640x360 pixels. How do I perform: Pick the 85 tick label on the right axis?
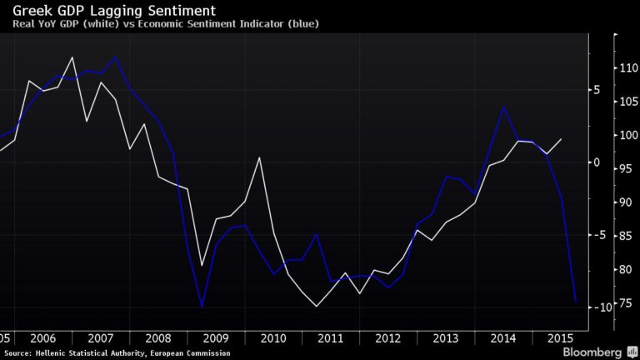pyautogui.click(x=624, y=236)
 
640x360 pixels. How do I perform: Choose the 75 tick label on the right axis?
pyautogui.click(x=624, y=303)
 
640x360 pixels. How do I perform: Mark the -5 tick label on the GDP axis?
pyautogui.click(x=599, y=235)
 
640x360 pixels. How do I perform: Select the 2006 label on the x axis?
pyautogui.click(x=42, y=337)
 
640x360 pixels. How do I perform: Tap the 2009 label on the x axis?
pyautogui.click(x=216, y=337)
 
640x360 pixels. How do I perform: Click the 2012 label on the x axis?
pyautogui.click(x=389, y=337)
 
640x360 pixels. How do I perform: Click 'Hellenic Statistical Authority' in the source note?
pyautogui.click(x=94, y=353)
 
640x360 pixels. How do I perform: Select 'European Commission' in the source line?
pyautogui.click(x=197, y=353)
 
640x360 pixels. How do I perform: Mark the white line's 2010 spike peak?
pyautogui.click(x=260, y=157)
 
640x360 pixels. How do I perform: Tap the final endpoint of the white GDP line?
pyautogui.click(x=562, y=139)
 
